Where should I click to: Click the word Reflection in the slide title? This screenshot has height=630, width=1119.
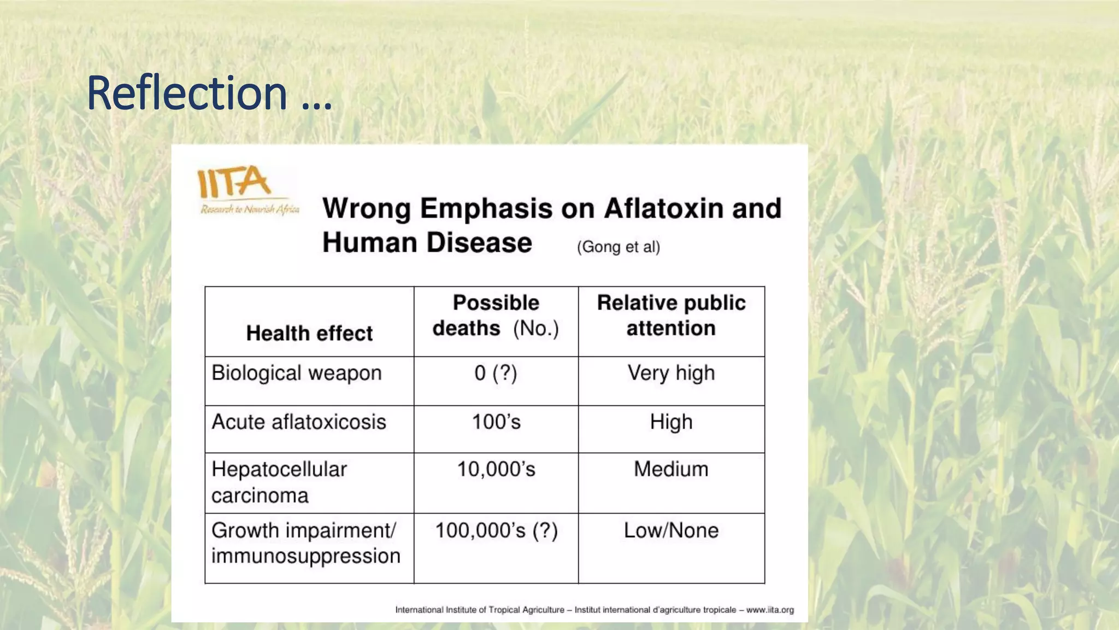(187, 93)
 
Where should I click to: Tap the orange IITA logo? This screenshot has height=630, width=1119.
(234, 182)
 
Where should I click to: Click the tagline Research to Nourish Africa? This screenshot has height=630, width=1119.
(250, 209)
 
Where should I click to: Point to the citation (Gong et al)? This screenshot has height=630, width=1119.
(618, 247)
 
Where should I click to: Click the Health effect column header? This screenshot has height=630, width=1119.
(309, 333)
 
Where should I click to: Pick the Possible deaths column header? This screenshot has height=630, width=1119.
(496, 316)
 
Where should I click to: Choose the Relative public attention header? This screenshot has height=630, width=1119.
(671, 316)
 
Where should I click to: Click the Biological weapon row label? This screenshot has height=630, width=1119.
(296, 373)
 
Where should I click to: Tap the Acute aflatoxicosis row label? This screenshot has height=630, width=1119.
(298, 422)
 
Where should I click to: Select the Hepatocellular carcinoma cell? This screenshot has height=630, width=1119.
(279, 482)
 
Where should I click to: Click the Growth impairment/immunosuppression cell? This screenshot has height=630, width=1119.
(305, 543)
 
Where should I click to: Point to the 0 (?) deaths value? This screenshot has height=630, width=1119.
(496, 373)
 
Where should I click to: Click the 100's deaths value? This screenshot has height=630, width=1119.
(496, 422)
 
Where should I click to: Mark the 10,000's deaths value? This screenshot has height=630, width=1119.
(496, 469)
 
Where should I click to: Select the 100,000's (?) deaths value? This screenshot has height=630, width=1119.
(496, 530)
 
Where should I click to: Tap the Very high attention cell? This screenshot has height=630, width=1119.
(671, 373)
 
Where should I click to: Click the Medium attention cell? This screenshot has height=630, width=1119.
(671, 469)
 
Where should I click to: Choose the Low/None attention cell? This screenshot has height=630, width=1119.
(671, 530)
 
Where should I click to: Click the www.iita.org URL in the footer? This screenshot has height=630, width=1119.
(770, 610)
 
